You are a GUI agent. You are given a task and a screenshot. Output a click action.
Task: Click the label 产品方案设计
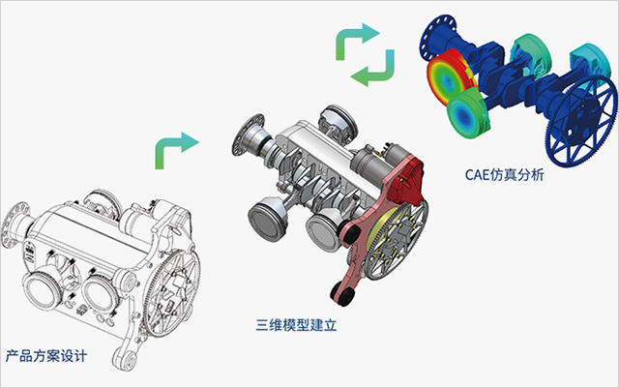click(45, 355)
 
